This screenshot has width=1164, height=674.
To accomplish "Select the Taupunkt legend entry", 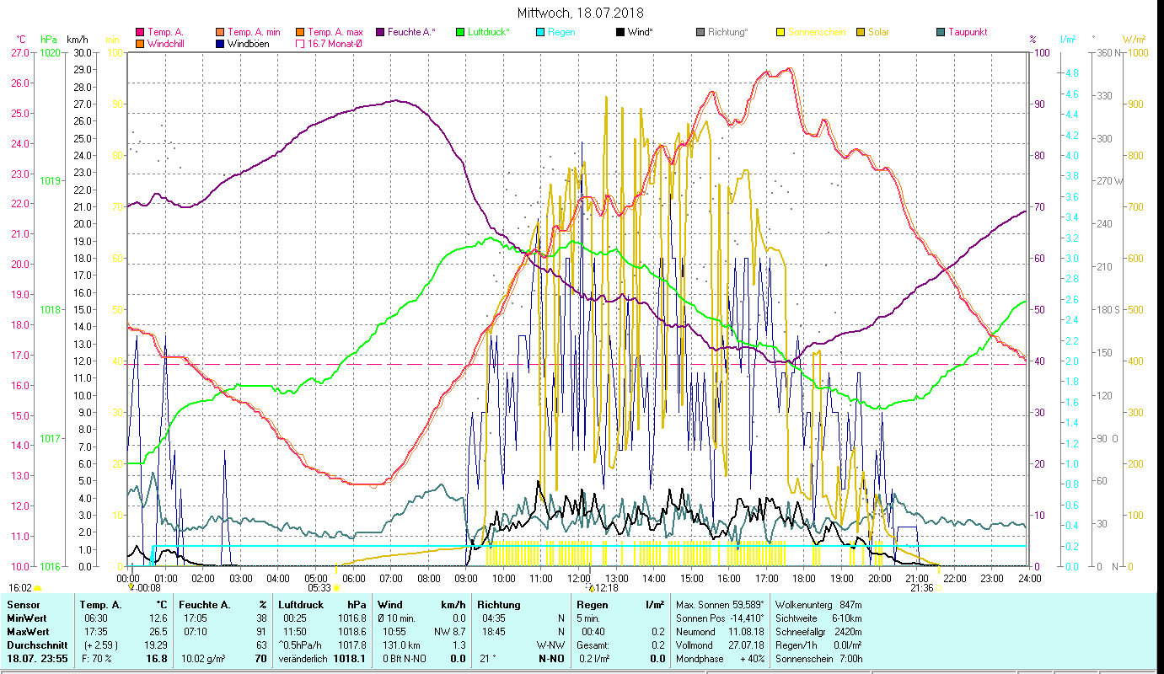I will [967, 32].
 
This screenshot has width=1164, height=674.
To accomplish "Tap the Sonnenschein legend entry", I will [816, 32].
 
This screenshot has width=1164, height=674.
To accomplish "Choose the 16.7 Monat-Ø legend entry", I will [335, 43].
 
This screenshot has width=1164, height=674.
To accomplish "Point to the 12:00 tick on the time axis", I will [578, 578].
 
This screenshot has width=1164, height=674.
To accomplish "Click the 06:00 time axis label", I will [352, 578].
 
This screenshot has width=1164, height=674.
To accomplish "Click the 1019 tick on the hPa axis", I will [50, 181].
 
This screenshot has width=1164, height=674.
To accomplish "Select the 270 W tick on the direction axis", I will [1107, 181].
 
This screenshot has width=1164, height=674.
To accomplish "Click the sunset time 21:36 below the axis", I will [921, 588].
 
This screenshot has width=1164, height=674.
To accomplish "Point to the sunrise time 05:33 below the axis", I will [319, 588].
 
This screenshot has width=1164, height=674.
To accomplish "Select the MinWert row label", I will [27, 618].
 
